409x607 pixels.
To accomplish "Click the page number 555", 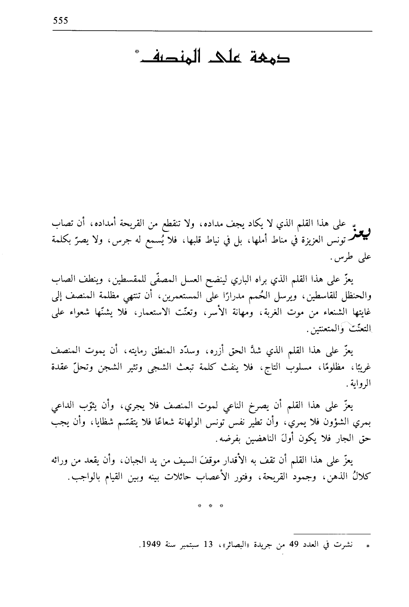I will [61, 20].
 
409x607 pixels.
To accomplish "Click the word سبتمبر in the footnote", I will [184, 546].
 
